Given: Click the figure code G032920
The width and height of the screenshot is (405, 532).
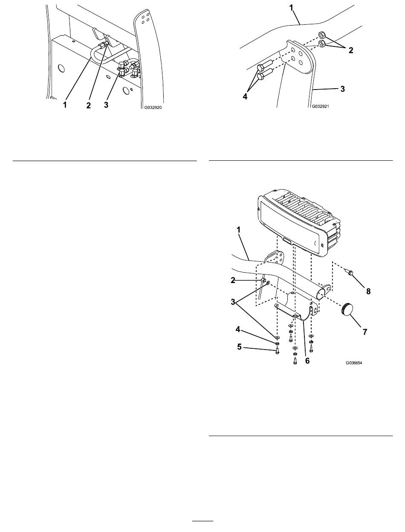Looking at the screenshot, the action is (x=153, y=107).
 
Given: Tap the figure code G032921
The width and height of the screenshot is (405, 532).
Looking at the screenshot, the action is (x=320, y=106).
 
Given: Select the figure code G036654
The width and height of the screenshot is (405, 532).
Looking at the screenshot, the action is (x=354, y=363).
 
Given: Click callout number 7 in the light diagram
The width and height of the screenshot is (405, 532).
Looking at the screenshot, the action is (x=365, y=332).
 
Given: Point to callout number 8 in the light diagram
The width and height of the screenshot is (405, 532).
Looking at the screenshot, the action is (x=368, y=291).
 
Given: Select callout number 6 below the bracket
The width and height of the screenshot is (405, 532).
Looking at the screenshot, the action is (x=307, y=361).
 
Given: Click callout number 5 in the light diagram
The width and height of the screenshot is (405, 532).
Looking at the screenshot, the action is (x=239, y=347).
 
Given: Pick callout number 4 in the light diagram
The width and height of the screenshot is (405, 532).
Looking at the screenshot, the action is (x=238, y=329).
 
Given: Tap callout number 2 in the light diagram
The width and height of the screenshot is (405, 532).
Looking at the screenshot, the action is (x=233, y=280).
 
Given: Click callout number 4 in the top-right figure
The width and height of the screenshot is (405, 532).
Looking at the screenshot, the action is (x=245, y=96).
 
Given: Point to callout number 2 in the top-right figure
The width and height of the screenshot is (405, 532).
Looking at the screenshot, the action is (x=351, y=50).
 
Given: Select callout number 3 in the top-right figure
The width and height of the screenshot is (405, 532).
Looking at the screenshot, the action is (x=342, y=89).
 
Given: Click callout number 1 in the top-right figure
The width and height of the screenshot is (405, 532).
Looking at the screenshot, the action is (x=291, y=8).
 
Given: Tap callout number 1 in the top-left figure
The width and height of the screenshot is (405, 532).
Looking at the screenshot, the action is (x=65, y=105).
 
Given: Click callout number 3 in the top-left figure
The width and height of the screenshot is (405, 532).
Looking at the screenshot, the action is (x=106, y=105).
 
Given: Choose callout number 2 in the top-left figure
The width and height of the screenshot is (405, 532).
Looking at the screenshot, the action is (x=89, y=105).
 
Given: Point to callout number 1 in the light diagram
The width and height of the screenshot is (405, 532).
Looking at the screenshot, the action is (x=238, y=230).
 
